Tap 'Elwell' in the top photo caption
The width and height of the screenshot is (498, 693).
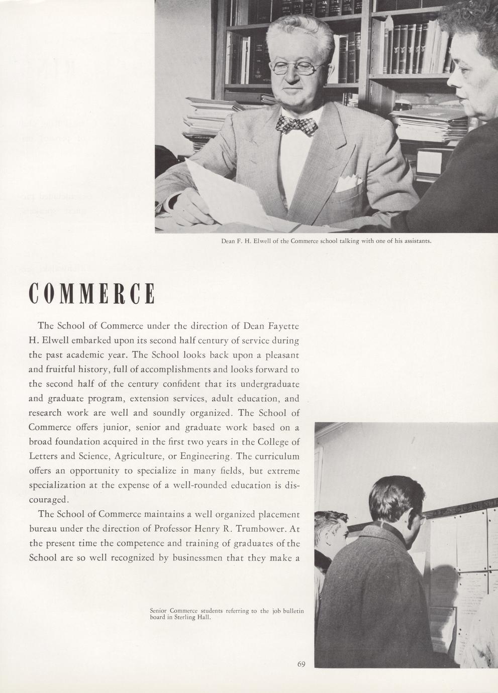coord(262,241)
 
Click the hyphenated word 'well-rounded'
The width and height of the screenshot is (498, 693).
coord(201,486)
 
